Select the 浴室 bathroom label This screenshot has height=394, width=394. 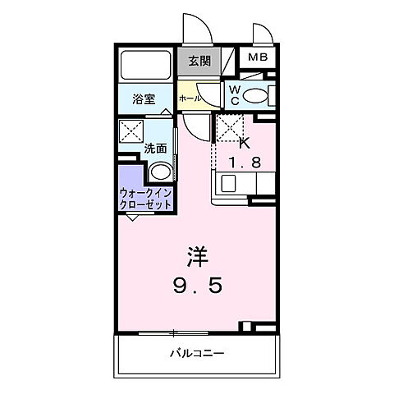click(x=144, y=99)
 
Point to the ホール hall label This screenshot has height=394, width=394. click(x=188, y=96)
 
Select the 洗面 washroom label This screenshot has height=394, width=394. click(x=156, y=149)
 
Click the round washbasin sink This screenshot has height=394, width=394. click(x=162, y=173)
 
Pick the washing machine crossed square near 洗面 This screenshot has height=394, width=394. click(x=131, y=131)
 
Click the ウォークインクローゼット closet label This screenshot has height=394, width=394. click(x=145, y=198)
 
